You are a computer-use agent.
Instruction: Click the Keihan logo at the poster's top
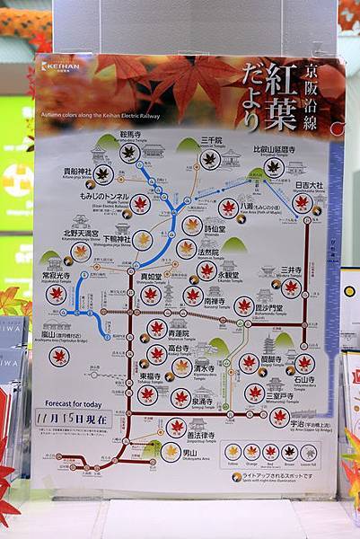point(60,66)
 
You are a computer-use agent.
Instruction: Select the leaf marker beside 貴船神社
point(103,173)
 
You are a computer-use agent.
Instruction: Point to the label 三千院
point(210,140)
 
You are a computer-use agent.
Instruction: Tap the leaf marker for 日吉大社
point(303,203)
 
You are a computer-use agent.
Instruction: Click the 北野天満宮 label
point(81,234)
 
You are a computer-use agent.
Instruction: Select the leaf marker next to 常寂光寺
point(57,294)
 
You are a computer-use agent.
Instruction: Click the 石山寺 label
point(304,381)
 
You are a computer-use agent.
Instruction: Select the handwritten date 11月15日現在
point(84,419)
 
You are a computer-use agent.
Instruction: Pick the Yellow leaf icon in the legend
point(233,451)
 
